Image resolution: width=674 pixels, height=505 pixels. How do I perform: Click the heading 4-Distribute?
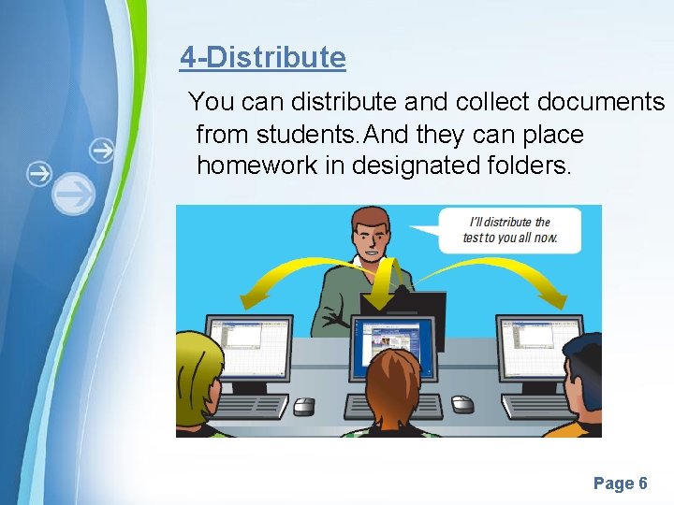(263, 58)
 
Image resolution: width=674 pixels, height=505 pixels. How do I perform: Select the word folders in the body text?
(532, 166)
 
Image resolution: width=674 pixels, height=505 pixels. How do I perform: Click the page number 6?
(642, 483)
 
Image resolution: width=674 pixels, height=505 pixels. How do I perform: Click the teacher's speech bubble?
(511, 229)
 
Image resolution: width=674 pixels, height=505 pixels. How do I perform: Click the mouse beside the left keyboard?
(304, 406)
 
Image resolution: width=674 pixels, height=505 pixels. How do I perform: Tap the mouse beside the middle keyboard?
(462, 404)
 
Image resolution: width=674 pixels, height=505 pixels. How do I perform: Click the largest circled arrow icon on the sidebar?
(74, 195)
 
